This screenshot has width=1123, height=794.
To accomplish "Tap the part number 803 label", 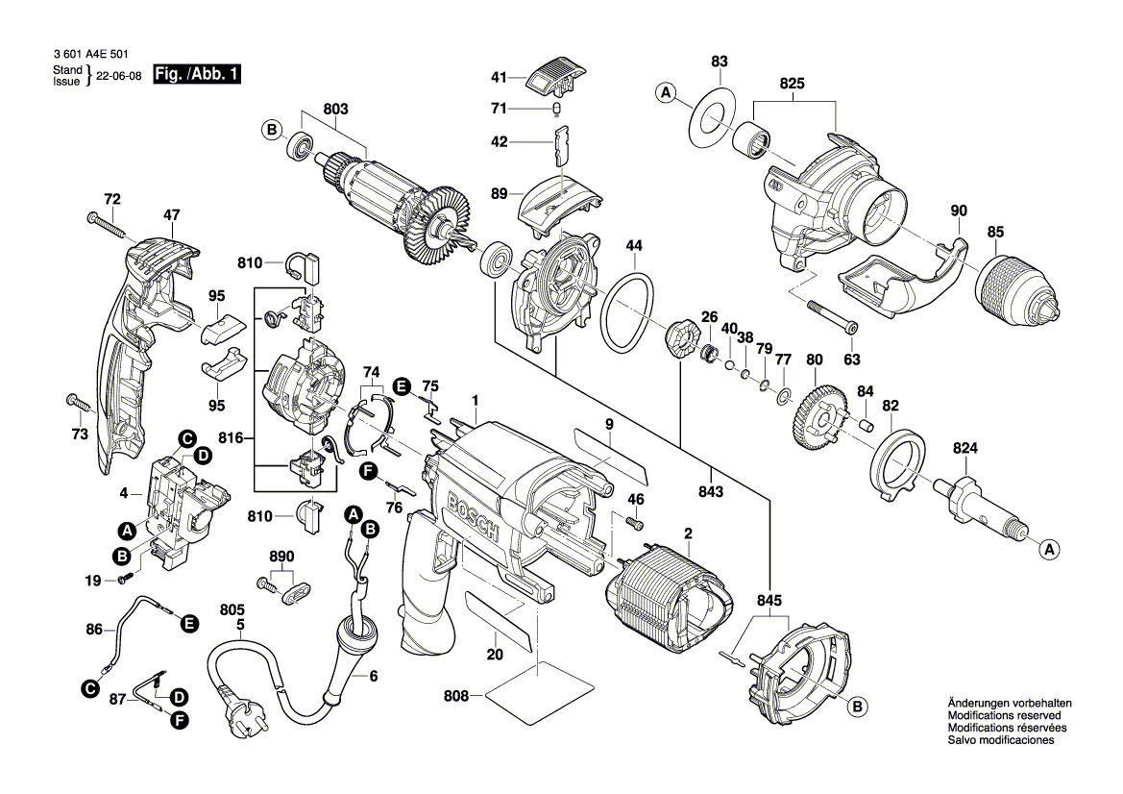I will (335, 110).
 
